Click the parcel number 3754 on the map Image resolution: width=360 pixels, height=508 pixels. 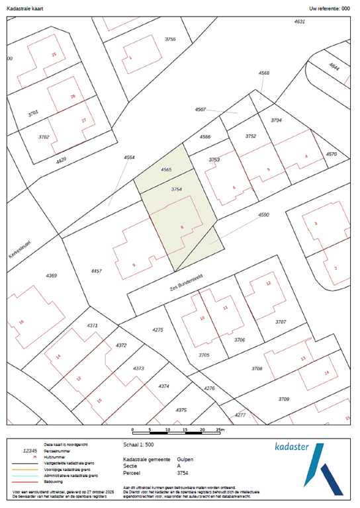pos(176,189)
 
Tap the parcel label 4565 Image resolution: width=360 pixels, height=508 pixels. pos(166,170)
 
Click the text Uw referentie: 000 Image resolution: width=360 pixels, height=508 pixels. pos(329,9)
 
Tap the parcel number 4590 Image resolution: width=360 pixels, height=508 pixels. pos(264,215)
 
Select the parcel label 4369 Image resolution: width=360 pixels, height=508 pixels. pos(52,275)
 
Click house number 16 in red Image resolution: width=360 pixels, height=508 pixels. pos(22,321)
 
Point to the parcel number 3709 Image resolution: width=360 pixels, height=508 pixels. pos(284,399)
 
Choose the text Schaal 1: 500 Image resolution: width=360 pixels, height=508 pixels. pos(140,444)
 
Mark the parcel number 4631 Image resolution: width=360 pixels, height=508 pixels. pos(299,22)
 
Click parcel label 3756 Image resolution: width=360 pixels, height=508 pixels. pos(170,40)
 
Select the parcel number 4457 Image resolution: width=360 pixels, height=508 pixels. pos(97,271)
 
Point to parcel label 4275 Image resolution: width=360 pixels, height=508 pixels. pos(157,329)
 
